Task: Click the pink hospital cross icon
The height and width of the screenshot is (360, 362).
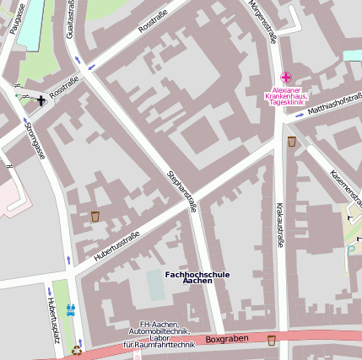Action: [x=286, y=78]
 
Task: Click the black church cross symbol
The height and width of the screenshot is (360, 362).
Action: [x=41, y=102]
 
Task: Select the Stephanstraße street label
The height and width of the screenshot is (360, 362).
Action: [x=181, y=190]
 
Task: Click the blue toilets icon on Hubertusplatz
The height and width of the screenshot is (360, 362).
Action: [x=70, y=309]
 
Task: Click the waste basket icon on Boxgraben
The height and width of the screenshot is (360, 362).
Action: [x=271, y=341]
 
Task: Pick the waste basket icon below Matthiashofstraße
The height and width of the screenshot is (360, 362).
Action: [x=291, y=141]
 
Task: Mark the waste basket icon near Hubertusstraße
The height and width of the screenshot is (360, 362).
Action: [x=95, y=217]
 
